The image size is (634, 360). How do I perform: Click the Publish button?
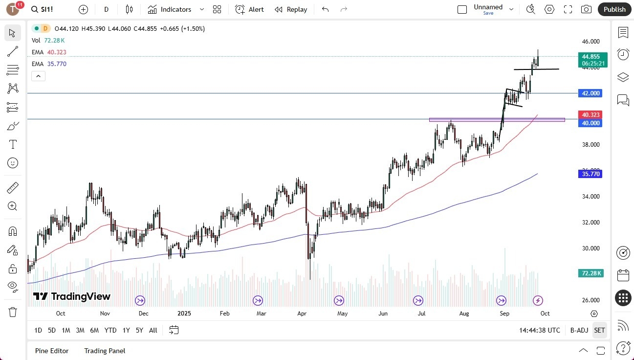coord(614,9)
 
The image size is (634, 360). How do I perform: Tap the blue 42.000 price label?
coord(591,93)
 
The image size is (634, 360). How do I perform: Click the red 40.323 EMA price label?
coord(591,114)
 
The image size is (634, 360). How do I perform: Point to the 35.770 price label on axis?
coord(591,174)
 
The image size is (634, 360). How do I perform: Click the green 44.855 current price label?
coord(591,56)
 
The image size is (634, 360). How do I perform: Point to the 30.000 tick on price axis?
coord(591,248)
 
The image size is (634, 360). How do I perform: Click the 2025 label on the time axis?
coord(185,313)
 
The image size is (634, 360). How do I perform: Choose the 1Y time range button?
coord(126,330)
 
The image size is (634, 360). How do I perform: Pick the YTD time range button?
coord(110,330)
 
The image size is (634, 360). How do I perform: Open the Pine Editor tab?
coord(52,351)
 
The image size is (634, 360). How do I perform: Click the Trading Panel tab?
coord(105,351)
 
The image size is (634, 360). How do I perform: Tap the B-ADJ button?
coord(579,330)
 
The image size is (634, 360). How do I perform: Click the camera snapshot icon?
coord(586,9)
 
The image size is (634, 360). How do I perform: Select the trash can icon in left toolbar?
coord(13,312)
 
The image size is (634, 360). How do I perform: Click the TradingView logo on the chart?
coord(72,296)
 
